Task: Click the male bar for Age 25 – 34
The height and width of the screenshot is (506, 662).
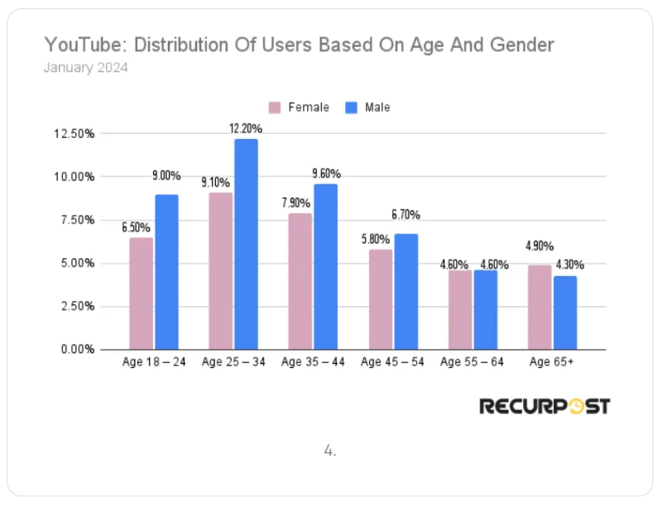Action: click(246, 244)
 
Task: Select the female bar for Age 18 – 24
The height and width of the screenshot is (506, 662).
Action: click(141, 294)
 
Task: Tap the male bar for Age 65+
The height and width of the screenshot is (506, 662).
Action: click(565, 312)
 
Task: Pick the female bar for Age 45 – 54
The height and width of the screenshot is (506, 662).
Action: click(380, 299)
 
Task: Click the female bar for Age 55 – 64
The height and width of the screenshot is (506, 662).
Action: click(460, 309)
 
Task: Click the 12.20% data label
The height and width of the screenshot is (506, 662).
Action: click(246, 128)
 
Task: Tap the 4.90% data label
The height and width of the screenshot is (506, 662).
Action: click(539, 246)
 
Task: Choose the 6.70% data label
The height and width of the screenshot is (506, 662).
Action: click(405, 215)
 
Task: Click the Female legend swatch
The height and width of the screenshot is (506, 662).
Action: click(275, 107)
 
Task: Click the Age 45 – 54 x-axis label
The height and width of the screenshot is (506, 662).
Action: click(392, 362)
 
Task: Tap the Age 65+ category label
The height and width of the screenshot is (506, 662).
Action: click(552, 362)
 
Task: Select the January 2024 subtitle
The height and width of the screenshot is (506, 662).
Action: click(85, 68)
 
